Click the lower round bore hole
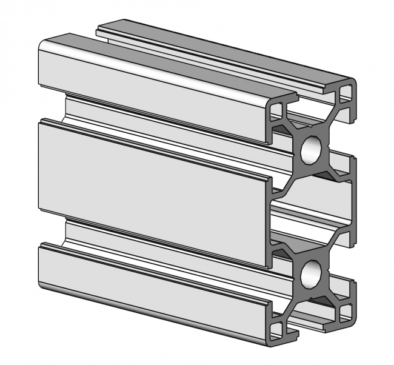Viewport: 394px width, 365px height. coord(310,275)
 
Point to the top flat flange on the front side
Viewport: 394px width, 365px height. coord(152,85)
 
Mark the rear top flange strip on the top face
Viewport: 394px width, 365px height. coord(224,49)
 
